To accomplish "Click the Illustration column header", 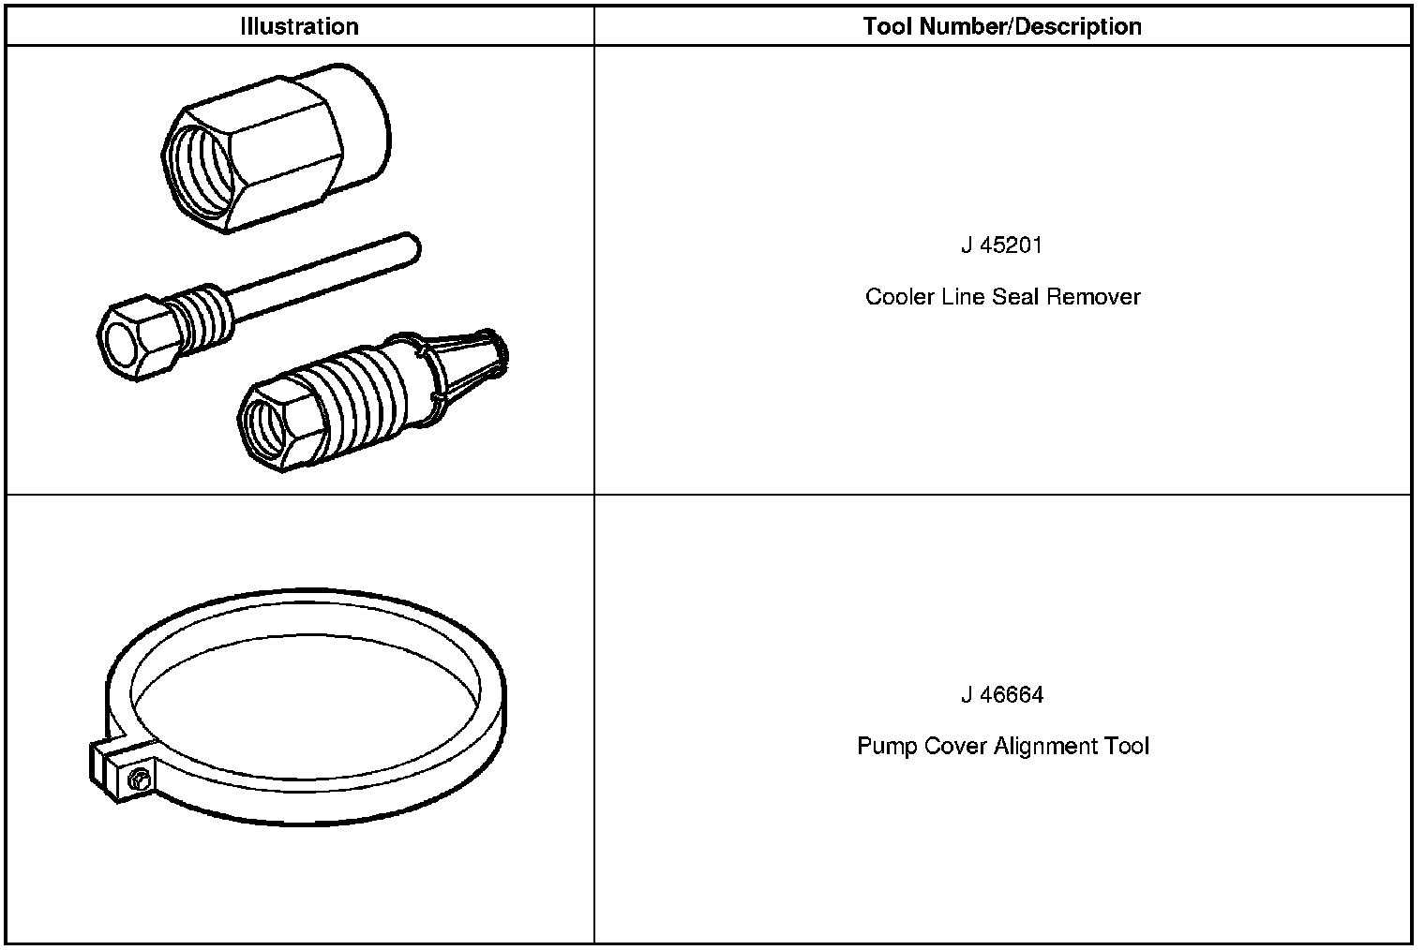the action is click(x=299, y=26).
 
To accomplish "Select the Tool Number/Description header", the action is click(x=1002, y=26).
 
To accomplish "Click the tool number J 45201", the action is click(x=1002, y=245).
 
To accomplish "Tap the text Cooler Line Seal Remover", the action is click(x=1002, y=297).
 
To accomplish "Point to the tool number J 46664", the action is click(x=1002, y=695).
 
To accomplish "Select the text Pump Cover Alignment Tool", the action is click(x=1002, y=747).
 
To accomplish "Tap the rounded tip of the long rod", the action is click(x=409, y=245).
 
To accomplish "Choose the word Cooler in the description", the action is click(x=899, y=297).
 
